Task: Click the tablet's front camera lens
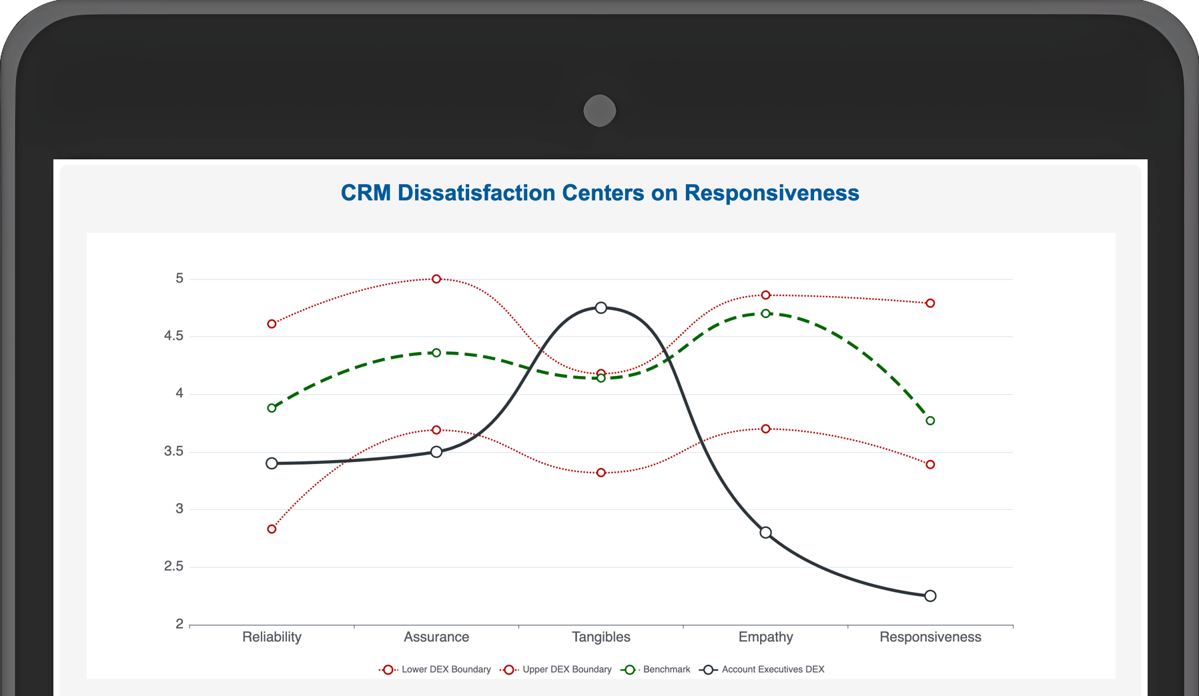click(599, 111)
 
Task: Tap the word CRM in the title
click(366, 193)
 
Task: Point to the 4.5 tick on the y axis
click(173, 336)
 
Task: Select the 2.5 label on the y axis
click(173, 567)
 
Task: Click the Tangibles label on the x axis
click(601, 637)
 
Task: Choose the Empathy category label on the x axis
click(765, 637)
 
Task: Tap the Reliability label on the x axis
click(272, 637)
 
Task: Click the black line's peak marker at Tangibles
click(601, 307)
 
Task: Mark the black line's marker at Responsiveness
click(930, 595)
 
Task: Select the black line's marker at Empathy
click(765, 532)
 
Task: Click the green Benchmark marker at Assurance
click(436, 353)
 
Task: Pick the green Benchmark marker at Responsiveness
click(930, 421)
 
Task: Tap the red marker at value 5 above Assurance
click(436, 279)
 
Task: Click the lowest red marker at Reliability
click(272, 529)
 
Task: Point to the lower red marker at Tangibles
click(601, 473)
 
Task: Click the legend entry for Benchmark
click(657, 669)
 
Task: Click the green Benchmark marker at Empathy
click(765, 313)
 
